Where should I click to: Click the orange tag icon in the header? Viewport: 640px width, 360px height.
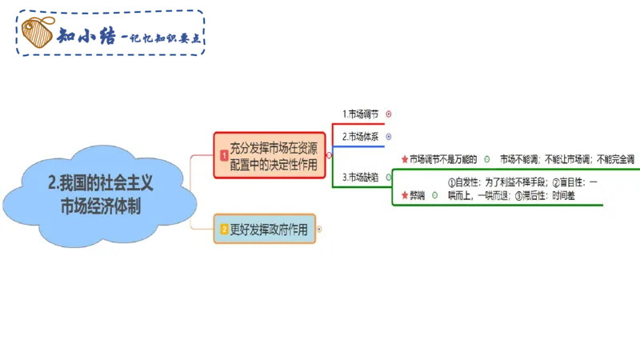coord(34,33)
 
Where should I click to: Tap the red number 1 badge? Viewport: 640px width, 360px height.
coord(222,156)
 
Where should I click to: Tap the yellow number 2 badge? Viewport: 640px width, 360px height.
coord(224,230)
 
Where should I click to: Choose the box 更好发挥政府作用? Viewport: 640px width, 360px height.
coord(273,230)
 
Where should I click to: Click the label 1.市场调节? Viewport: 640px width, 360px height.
coord(359,114)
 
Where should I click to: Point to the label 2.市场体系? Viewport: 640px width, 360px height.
coord(359,137)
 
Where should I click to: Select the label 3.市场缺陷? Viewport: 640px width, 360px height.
coord(360,177)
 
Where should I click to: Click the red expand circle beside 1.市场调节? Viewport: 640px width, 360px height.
coord(389,114)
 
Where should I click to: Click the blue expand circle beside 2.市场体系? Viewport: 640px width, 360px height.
coord(389,137)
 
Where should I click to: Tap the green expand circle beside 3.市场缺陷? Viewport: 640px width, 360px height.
coord(389,177)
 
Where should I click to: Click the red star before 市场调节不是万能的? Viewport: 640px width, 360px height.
coord(405,159)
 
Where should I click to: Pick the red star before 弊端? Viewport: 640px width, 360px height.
coord(405,195)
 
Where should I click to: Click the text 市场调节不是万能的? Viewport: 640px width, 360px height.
coord(443,159)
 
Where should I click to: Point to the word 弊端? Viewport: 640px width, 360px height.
coord(418,195)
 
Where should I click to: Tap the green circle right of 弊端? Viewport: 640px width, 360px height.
coord(435,195)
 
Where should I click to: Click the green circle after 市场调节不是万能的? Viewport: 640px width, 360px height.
coord(487,159)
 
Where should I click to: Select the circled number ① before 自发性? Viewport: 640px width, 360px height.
coord(452,183)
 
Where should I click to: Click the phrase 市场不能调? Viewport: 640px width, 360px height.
coord(519,159)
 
